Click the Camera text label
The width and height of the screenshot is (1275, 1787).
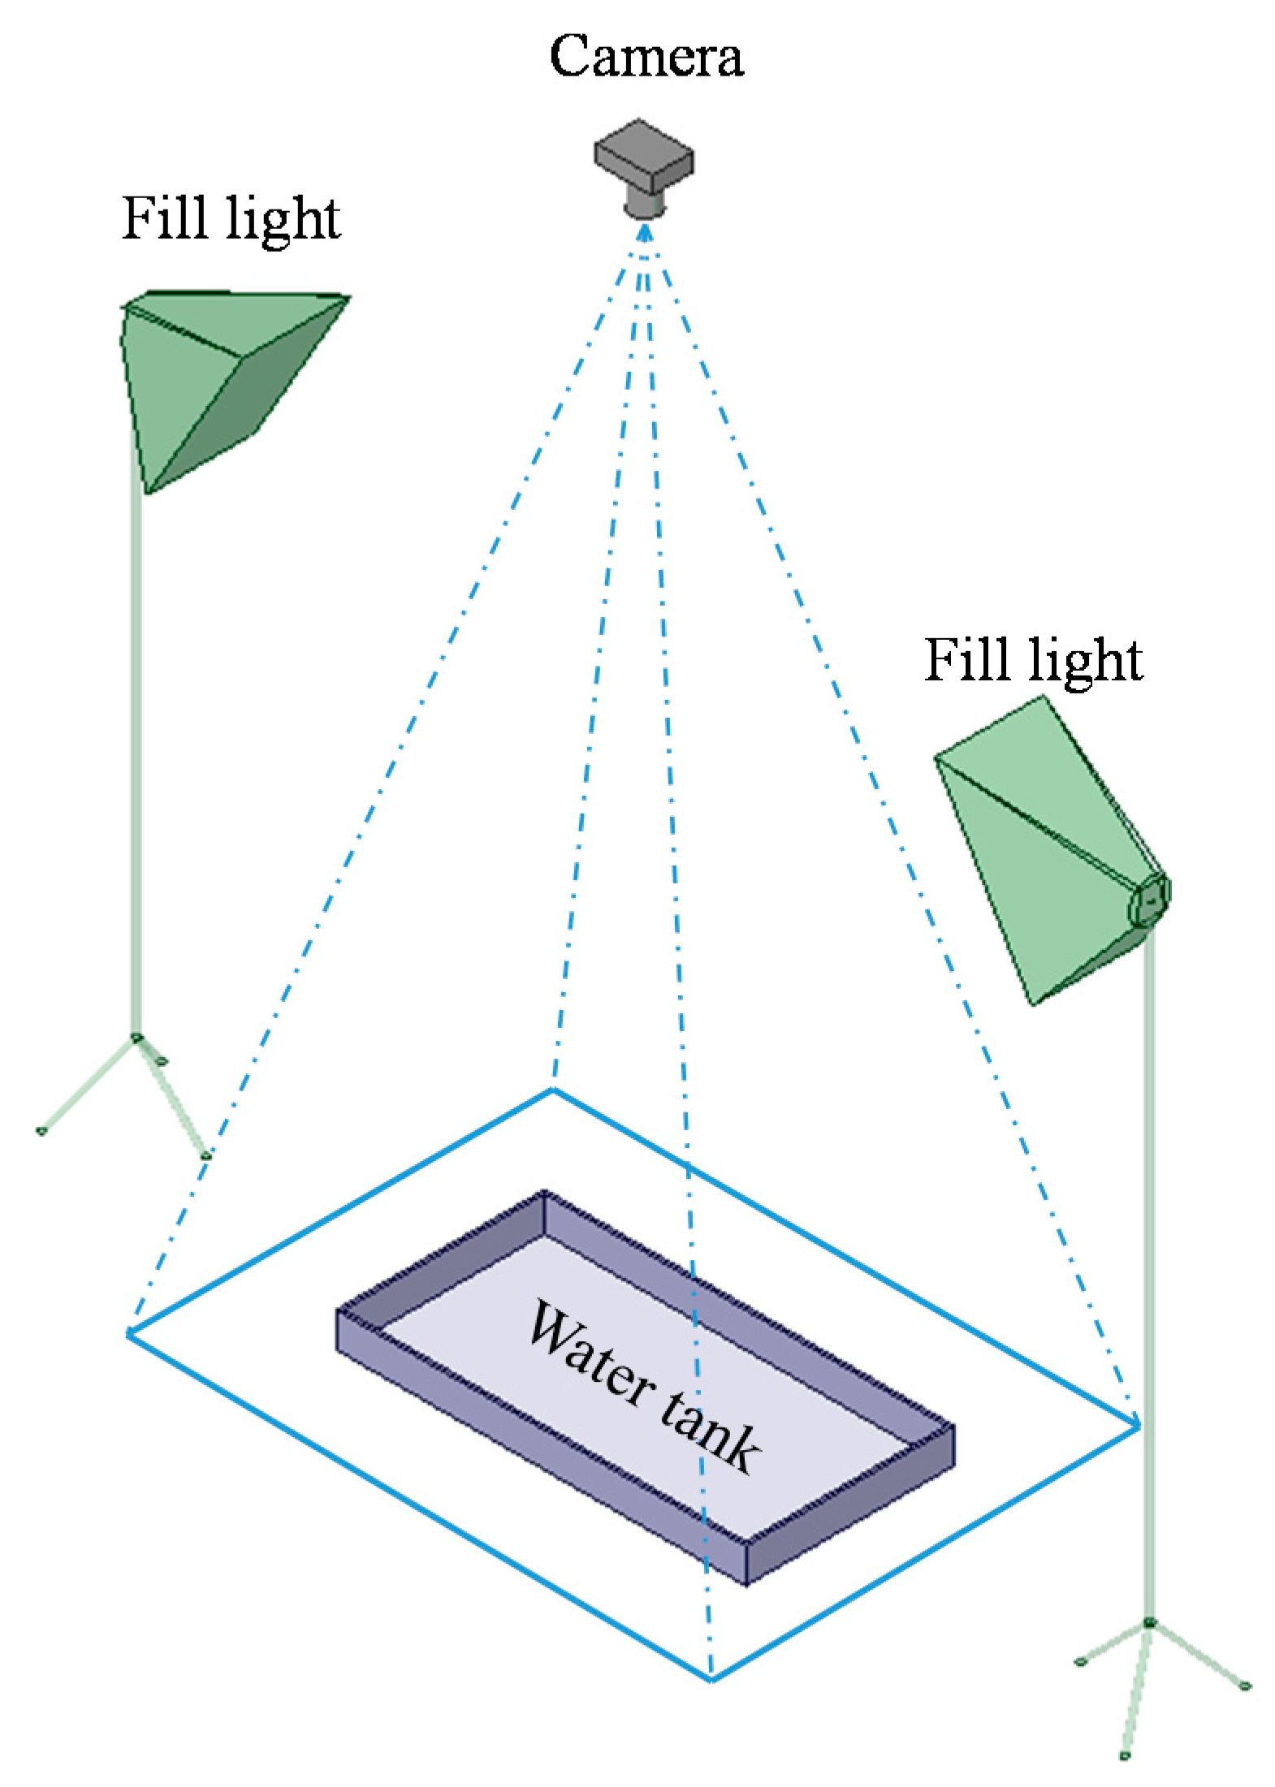coord(646,57)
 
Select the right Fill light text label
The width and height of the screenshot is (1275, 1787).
coord(1033,659)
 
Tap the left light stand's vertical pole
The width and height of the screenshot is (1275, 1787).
coord(136,755)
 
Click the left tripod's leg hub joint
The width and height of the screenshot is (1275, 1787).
coord(136,1038)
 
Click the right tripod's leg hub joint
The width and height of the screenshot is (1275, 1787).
coord(1149,1623)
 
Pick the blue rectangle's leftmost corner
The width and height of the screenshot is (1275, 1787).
coord(128,1333)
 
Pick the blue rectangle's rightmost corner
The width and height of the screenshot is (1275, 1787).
coord(1139,1425)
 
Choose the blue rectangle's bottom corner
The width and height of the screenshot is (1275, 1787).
coord(711,1679)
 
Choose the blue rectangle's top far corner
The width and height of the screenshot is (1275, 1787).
coord(552,1090)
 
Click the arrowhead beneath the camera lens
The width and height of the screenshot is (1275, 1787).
coord(645,231)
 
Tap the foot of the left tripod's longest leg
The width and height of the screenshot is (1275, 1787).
coord(41,1131)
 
